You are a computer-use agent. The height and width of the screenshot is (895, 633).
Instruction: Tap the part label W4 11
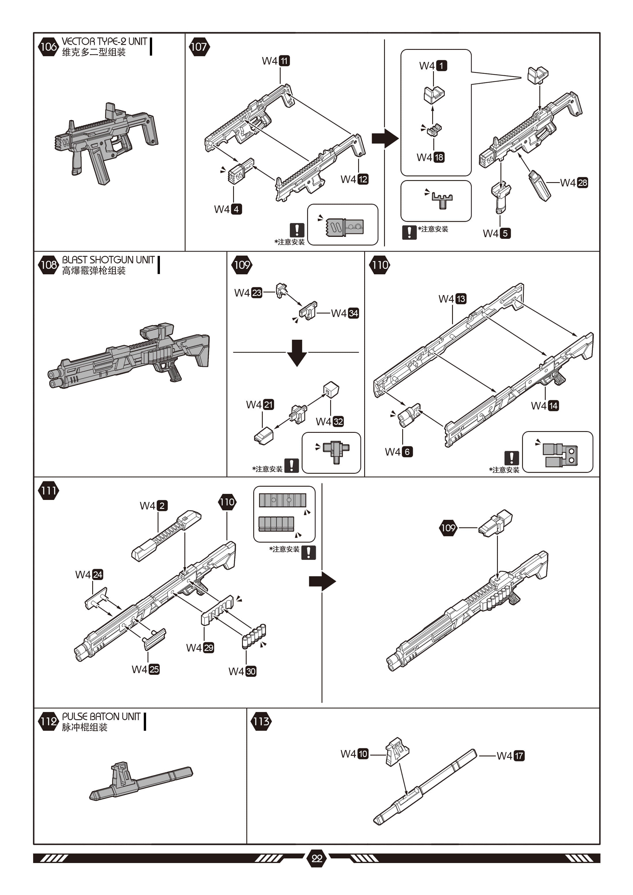[x=275, y=61]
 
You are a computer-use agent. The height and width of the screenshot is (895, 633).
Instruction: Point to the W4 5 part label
[x=497, y=233]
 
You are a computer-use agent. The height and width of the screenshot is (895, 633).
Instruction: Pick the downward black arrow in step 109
[x=297, y=352]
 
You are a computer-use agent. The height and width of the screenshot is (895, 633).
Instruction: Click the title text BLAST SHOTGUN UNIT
[x=108, y=260]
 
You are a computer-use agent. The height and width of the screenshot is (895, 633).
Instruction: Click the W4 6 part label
[x=398, y=452]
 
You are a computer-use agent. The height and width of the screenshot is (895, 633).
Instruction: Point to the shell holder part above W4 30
[x=254, y=636]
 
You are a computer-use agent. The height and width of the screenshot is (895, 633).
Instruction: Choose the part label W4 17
[x=510, y=756]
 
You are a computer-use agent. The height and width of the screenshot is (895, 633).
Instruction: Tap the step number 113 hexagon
[x=261, y=721]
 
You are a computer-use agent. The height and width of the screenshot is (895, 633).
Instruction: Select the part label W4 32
[x=330, y=421]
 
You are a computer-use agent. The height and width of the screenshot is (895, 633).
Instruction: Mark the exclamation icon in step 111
[x=308, y=552]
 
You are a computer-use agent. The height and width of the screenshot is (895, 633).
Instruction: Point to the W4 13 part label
[x=452, y=299]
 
